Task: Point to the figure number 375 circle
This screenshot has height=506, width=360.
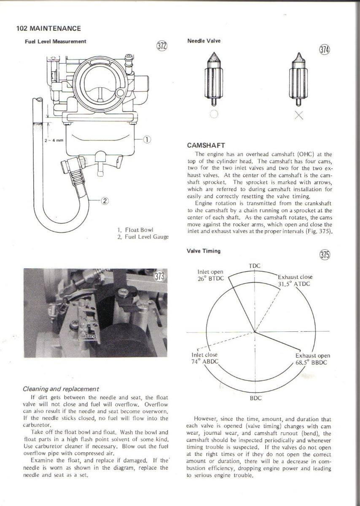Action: point(325,255)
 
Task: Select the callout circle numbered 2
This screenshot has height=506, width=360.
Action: point(105,200)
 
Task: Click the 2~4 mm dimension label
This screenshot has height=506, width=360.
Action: point(54,140)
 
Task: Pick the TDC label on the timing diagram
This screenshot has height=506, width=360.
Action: point(255,266)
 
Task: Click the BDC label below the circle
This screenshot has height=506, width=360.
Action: point(256,398)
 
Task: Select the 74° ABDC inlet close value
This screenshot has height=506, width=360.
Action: point(204,362)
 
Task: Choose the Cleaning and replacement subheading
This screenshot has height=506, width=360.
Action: point(61,389)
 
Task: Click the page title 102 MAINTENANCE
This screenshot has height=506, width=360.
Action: point(48,29)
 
